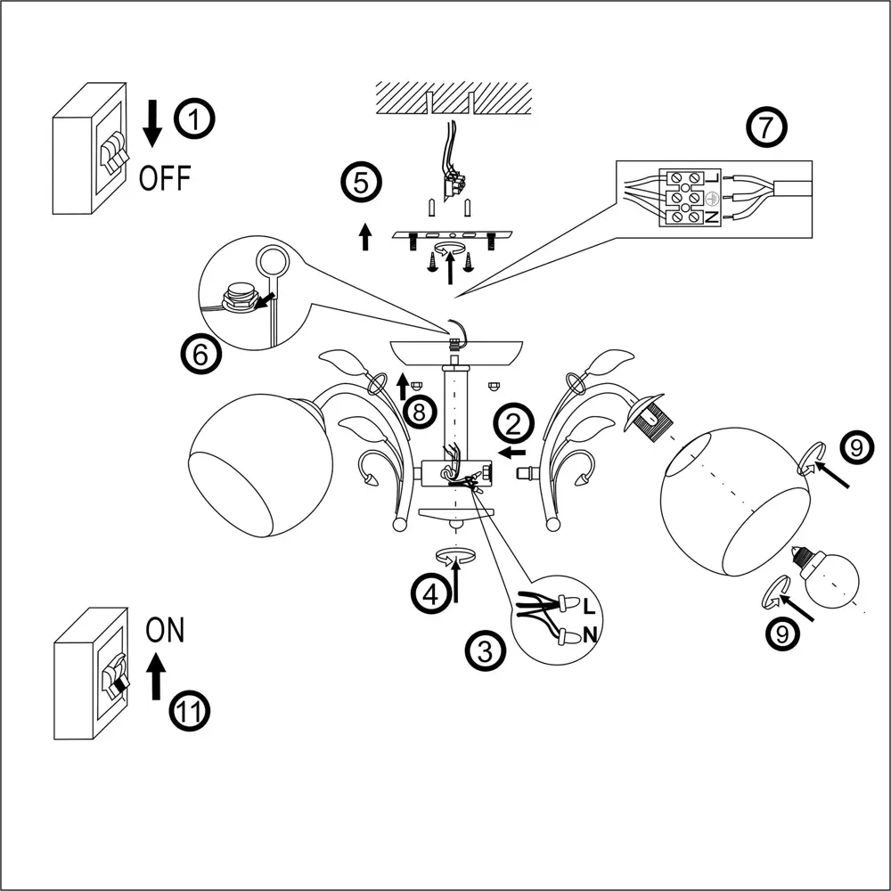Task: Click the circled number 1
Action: [x=194, y=121]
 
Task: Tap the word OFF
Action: [x=165, y=178]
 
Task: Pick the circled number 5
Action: [x=361, y=184]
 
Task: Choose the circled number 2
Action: [x=515, y=423]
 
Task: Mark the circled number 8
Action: [x=421, y=412]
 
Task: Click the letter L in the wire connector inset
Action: [x=588, y=608]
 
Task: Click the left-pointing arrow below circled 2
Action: [x=513, y=453]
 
